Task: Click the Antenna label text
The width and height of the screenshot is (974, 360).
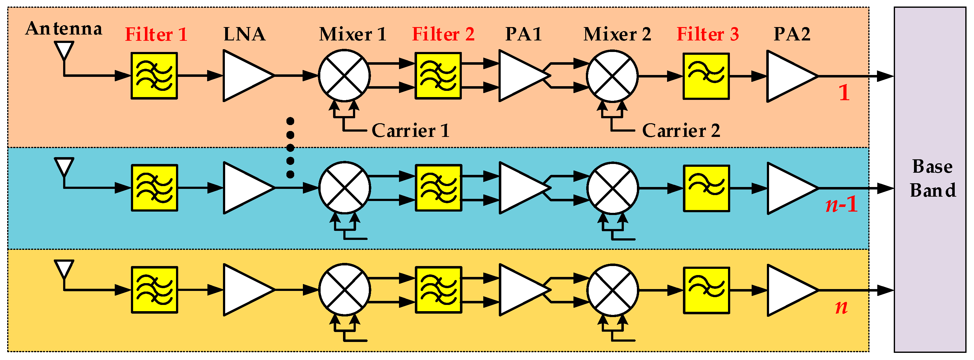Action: click(x=63, y=29)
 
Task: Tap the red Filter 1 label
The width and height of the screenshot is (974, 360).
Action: click(x=156, y=35)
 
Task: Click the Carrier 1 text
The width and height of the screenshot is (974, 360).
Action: click(x=410, y=131)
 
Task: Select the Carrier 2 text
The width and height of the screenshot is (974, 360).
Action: click(x=681, y=131)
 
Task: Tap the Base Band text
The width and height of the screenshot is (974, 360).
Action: click(x=932, y=179)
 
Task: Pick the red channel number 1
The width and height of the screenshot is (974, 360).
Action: click(x=844, y=93)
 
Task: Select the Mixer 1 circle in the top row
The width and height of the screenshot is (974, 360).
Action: click(x=344, y=76)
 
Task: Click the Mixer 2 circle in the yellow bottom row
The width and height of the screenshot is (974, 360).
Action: click(x=613, y=290)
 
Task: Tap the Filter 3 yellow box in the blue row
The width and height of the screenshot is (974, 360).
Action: click(x=706, y=188)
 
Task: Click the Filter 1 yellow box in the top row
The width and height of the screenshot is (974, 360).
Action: click(x=154, y=76)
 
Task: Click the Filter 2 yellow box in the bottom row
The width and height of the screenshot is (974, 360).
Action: click(x=438, y=290)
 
